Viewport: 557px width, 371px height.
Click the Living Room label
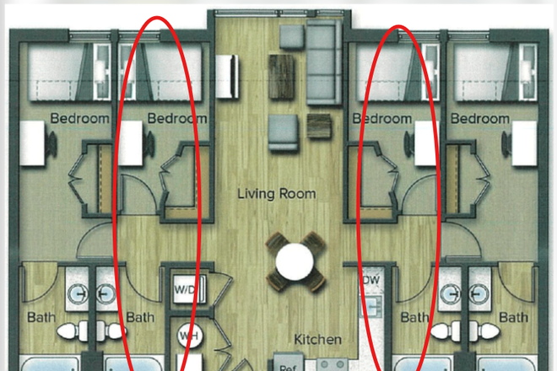276,194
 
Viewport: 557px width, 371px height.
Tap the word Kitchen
317,339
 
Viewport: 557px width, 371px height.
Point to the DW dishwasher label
370,279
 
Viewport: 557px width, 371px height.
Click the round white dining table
294,262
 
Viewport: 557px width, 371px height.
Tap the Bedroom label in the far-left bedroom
79,119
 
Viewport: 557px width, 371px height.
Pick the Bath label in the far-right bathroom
512,318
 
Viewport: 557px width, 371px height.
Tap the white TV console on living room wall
225,67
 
